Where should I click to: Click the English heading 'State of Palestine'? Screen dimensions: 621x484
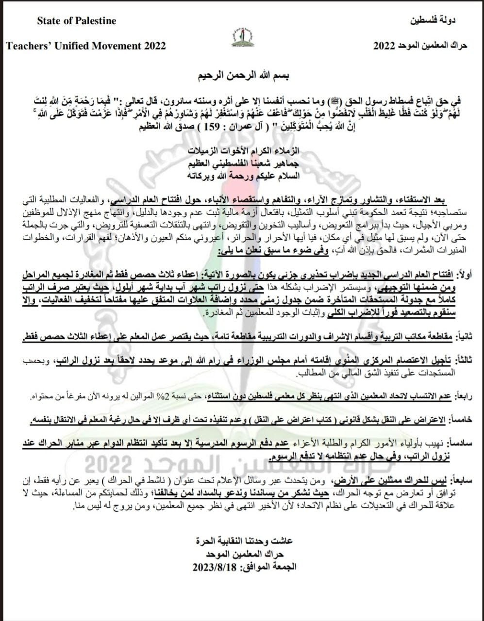77,21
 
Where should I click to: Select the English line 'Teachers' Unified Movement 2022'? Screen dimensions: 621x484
86,46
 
